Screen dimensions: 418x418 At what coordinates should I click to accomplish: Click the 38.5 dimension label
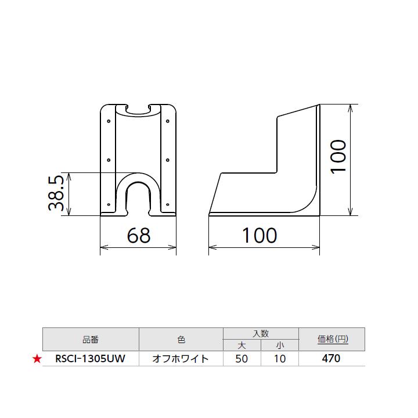pos(56,194)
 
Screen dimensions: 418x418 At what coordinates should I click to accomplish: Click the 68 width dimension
pos(138,235)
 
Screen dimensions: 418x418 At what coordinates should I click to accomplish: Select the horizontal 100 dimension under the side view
pos(260,235)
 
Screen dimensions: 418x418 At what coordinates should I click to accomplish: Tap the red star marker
pos(37,359)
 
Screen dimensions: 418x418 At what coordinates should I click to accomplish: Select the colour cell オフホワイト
pos(180,359)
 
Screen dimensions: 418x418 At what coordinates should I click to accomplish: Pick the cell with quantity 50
pos(242,359)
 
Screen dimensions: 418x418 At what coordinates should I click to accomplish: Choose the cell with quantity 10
pos(279,359)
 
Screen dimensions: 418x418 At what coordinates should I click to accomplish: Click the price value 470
pos(331,359)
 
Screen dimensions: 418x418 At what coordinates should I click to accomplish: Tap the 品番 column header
pos(91,339)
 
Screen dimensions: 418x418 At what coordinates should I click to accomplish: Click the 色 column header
pos(181,339)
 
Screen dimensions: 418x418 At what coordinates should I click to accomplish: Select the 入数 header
pos(260,333)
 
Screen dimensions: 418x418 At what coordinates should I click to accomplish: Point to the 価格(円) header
pos(331,339)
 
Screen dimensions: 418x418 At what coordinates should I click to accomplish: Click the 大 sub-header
pos(242,345)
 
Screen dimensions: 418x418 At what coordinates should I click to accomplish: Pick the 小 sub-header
pos(279,345)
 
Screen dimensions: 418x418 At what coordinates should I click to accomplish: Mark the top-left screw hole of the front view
pos(109,122)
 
